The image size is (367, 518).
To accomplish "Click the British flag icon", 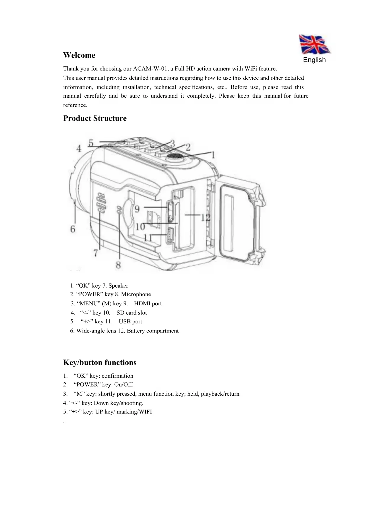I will pyautogui.click(x=314, y=45).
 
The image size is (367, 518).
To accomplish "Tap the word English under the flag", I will pyautogui.click(x=314, y=60).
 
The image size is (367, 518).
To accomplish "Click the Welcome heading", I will pyautogui.click(x=79, y=56).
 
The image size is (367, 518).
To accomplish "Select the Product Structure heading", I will pyautogui.click(x=95, y=118).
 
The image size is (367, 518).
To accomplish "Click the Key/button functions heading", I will pyautogui.click(x=100, y=363).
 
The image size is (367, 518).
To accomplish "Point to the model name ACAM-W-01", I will pyautogui.click(x=150, y=69).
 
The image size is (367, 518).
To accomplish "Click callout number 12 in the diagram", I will pyautogui.click(x=206, y=218).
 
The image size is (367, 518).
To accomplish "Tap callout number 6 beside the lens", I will pyautogui.click(x=73, y=229).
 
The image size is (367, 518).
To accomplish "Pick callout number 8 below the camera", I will pyautogui.click(x=118, y=265).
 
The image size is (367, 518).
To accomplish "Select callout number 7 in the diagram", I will pyautogui.click(x=96, y=253).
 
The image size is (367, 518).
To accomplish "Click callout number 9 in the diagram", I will pyautogui.click(x=137, y=209).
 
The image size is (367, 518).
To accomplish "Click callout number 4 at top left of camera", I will pyautogui.click(x=79, y=148).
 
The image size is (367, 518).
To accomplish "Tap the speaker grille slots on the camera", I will pyautogui.click(x=101, y=203).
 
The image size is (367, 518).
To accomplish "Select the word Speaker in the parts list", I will pyautogui.click(x=118, y=286).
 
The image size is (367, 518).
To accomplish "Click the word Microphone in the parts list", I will pyautogui.click(x=136, y=294).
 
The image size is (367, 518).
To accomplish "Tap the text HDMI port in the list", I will pyautogui.click(x=148, y=304).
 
